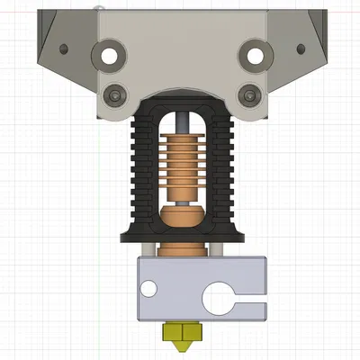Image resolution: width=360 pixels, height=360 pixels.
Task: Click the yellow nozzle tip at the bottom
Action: click(x=180, y=338)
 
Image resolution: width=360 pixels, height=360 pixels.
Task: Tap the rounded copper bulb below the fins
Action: click(x=180, y=217)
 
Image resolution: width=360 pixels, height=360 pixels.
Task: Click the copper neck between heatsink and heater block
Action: click(x=180, y=248)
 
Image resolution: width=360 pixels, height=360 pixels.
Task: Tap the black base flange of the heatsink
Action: click(x=180, y=235)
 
